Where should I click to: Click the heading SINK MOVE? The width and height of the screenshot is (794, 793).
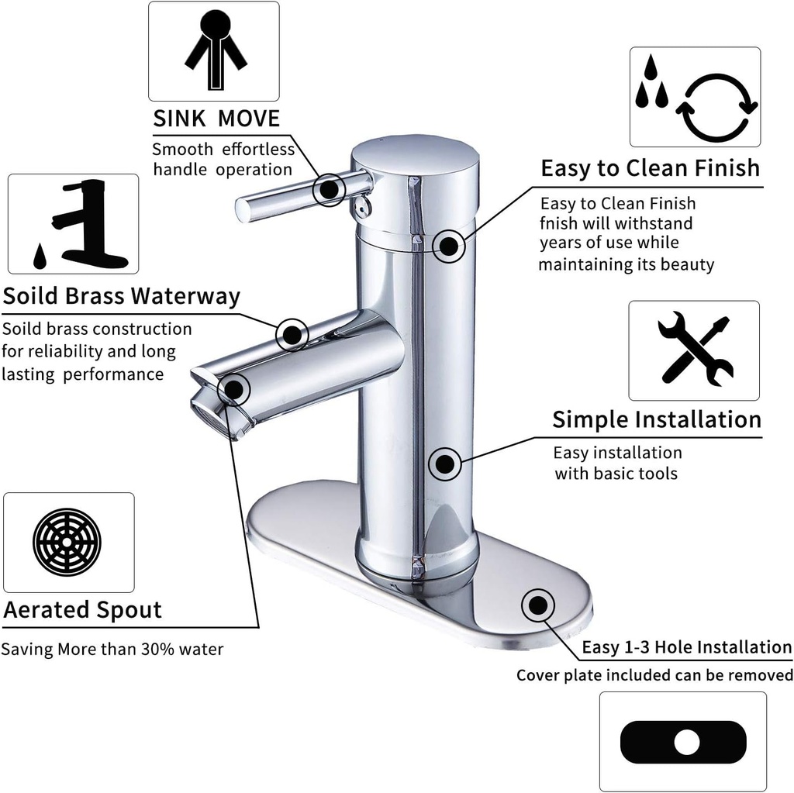(216, 119)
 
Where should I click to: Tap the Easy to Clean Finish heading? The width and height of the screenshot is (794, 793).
(650, 168)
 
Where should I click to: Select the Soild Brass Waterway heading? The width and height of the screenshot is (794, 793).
(122, 296)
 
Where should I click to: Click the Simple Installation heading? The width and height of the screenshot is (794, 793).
(656, 419)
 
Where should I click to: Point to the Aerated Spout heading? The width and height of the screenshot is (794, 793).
(83, 609)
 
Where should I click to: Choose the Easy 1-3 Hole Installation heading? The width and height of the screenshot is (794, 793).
(686, 647)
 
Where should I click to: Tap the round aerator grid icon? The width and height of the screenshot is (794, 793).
(67, 542)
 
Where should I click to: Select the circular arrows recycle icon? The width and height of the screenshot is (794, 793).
(716, 109)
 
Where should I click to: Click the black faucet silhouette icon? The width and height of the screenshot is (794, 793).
(83, 225)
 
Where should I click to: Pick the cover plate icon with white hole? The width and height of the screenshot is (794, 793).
(683, 742)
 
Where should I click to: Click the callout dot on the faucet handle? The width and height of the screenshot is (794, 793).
(330, 188)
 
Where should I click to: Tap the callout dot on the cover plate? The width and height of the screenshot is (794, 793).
(537, 605)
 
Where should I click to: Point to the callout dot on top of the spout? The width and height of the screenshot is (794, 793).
(292, 334)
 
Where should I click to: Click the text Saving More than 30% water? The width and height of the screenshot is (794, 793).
(112, 649)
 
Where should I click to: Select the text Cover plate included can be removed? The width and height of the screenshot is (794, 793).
(654, 675)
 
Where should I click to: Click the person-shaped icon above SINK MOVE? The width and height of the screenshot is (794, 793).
(214, 51)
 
